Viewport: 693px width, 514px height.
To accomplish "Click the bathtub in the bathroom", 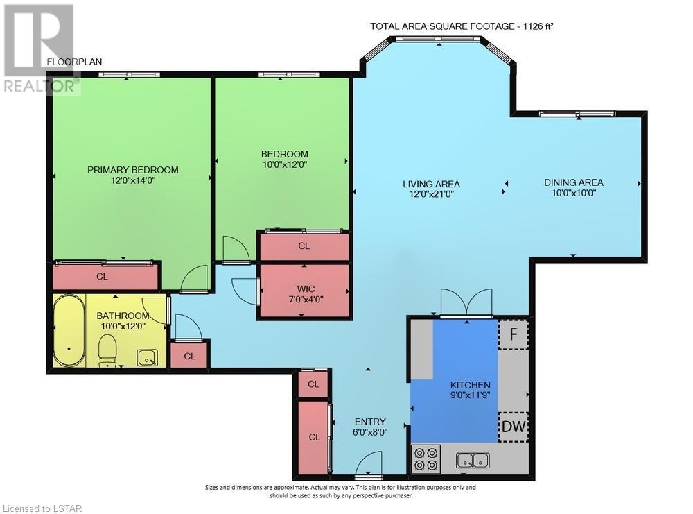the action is [x=69, y=330].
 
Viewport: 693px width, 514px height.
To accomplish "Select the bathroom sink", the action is [x=147, y=358].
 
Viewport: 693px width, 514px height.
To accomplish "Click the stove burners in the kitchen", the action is [x=426, y=459].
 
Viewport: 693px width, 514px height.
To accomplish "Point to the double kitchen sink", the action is [x=473, y=460].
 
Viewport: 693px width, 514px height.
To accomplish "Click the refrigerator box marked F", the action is [x=513, y=334].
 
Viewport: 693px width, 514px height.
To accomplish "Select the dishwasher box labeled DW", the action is [x=514, y=427].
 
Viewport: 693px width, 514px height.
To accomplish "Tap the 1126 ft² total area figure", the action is [x=538, y=26].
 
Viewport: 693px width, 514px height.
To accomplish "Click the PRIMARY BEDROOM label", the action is [x=132, y=170].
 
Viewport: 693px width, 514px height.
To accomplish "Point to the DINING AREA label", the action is [x=574, y=182].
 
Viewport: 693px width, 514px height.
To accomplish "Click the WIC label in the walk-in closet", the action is [x=306, y=289].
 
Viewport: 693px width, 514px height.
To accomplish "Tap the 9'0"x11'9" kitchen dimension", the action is [x=471, y=395].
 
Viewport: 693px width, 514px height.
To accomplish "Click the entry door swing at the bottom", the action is [x=369, y=464].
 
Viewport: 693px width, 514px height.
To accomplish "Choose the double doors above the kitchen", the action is [x=466, y=302].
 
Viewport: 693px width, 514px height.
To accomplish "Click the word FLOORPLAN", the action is [x=74, y=62].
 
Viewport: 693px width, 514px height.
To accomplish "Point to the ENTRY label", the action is [x=370, y=422].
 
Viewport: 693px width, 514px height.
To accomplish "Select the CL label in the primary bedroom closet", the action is [x=102, y=277].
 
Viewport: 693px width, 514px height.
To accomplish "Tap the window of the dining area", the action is [x=577, y=114].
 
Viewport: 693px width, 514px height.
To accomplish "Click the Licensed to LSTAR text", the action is [x=42, y=508].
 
